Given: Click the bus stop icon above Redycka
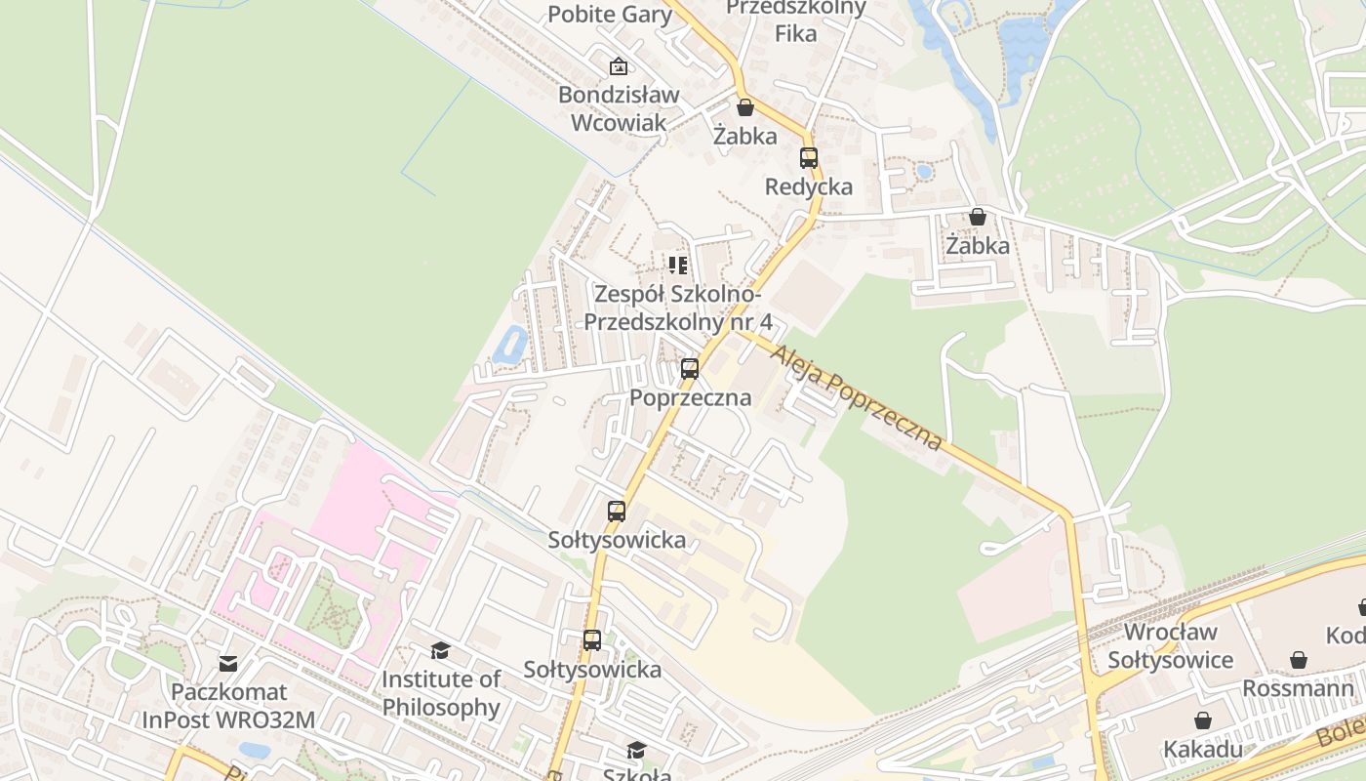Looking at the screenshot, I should point(809,158).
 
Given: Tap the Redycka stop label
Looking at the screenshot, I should point(809,186).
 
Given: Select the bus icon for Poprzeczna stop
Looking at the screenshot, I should point(690,369).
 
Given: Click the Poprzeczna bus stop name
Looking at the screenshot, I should point(691,397).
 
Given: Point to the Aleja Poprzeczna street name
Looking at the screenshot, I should point(857,395).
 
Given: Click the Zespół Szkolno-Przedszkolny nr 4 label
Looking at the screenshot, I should point(678,308).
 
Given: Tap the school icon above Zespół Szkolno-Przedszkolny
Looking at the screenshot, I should point(678,265).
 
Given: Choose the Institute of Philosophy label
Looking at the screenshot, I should point(441,693).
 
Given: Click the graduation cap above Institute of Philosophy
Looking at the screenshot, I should point(441,650).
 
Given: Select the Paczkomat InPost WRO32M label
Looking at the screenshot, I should point(229,706).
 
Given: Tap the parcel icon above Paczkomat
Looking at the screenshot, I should point(228,664).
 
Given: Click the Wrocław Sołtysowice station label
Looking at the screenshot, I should point(1170,646).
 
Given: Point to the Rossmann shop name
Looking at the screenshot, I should point(1298,688).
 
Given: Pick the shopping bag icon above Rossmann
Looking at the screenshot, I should point(1299,660).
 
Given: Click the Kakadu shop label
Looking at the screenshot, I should point(1203,750).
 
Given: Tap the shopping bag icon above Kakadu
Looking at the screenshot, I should point(1203,720).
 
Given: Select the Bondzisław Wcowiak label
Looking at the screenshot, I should point(619,108).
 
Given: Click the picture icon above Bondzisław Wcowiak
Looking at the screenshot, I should point(618,66).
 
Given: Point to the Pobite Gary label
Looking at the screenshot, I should point(610,14).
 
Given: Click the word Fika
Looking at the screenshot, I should point(795,33).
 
